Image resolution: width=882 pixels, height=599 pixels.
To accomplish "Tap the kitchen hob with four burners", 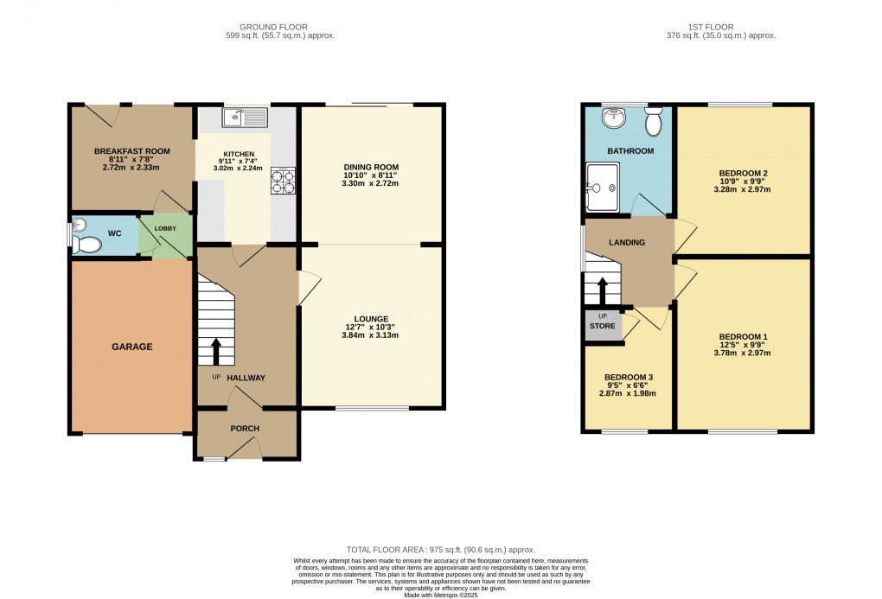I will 284,180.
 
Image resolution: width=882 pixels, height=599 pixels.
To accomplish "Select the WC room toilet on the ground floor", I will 86,245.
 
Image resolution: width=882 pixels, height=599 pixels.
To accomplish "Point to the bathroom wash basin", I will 615,117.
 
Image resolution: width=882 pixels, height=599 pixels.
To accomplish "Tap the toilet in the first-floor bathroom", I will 653,122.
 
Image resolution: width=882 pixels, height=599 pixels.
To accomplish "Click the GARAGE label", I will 131,347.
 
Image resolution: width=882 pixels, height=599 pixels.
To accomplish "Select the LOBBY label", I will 165,228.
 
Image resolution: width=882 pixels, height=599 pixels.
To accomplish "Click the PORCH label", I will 245,429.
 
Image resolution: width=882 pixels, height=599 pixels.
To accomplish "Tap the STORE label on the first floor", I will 603,326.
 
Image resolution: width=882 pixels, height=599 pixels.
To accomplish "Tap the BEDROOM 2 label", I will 743,173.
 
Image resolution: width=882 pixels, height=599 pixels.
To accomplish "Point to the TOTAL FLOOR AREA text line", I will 441,550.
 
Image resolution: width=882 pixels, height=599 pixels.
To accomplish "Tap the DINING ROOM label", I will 371,167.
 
